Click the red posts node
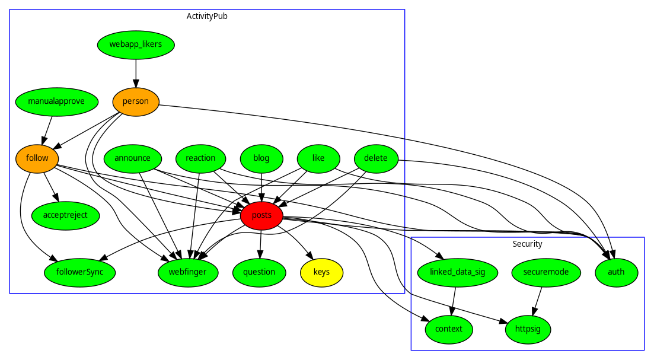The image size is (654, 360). click(x=261, y=215)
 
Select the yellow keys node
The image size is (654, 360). click(x=321, y=272)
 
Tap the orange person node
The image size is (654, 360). click(x=136, y=101)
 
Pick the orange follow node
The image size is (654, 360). click(x=37, y=158)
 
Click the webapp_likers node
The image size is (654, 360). click(x=136, y=44)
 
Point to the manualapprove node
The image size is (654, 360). click(x=56, y=101)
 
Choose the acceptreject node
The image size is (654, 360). click(x=65, y=215)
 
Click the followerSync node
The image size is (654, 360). click(x=79, y=272)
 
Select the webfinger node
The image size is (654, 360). click(x=188, y=272)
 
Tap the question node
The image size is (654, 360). click(x=259, y=272)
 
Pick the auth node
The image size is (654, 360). click(x=617, y=272)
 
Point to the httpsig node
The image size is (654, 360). click(x=528, y=329)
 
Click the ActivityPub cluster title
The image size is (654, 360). click(x=207, y=16)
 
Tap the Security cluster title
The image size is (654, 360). click(x=527, y=244)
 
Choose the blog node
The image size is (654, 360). click(x=261, y=158)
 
